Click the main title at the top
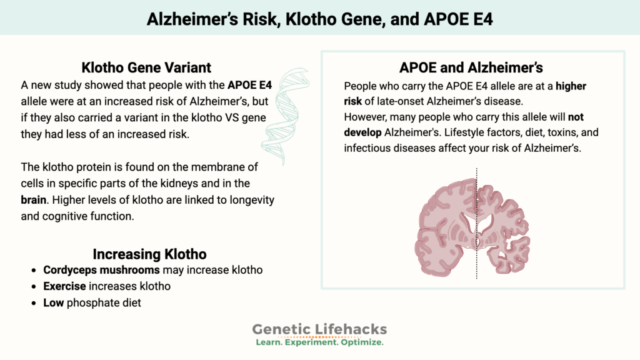click(x=319, y=18)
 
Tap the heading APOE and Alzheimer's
click(x=472, y=68)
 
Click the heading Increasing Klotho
click(x=149, y=254)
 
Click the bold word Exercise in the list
click(x=65, y=286)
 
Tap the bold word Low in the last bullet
click(x=54, y=302)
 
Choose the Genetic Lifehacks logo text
click(x=319, y=329)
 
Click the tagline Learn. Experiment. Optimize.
click(x=319, y=342)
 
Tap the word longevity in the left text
click(x=250, y=202)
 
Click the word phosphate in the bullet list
click(x=93, y=302)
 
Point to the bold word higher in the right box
click(x=571, y=86)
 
